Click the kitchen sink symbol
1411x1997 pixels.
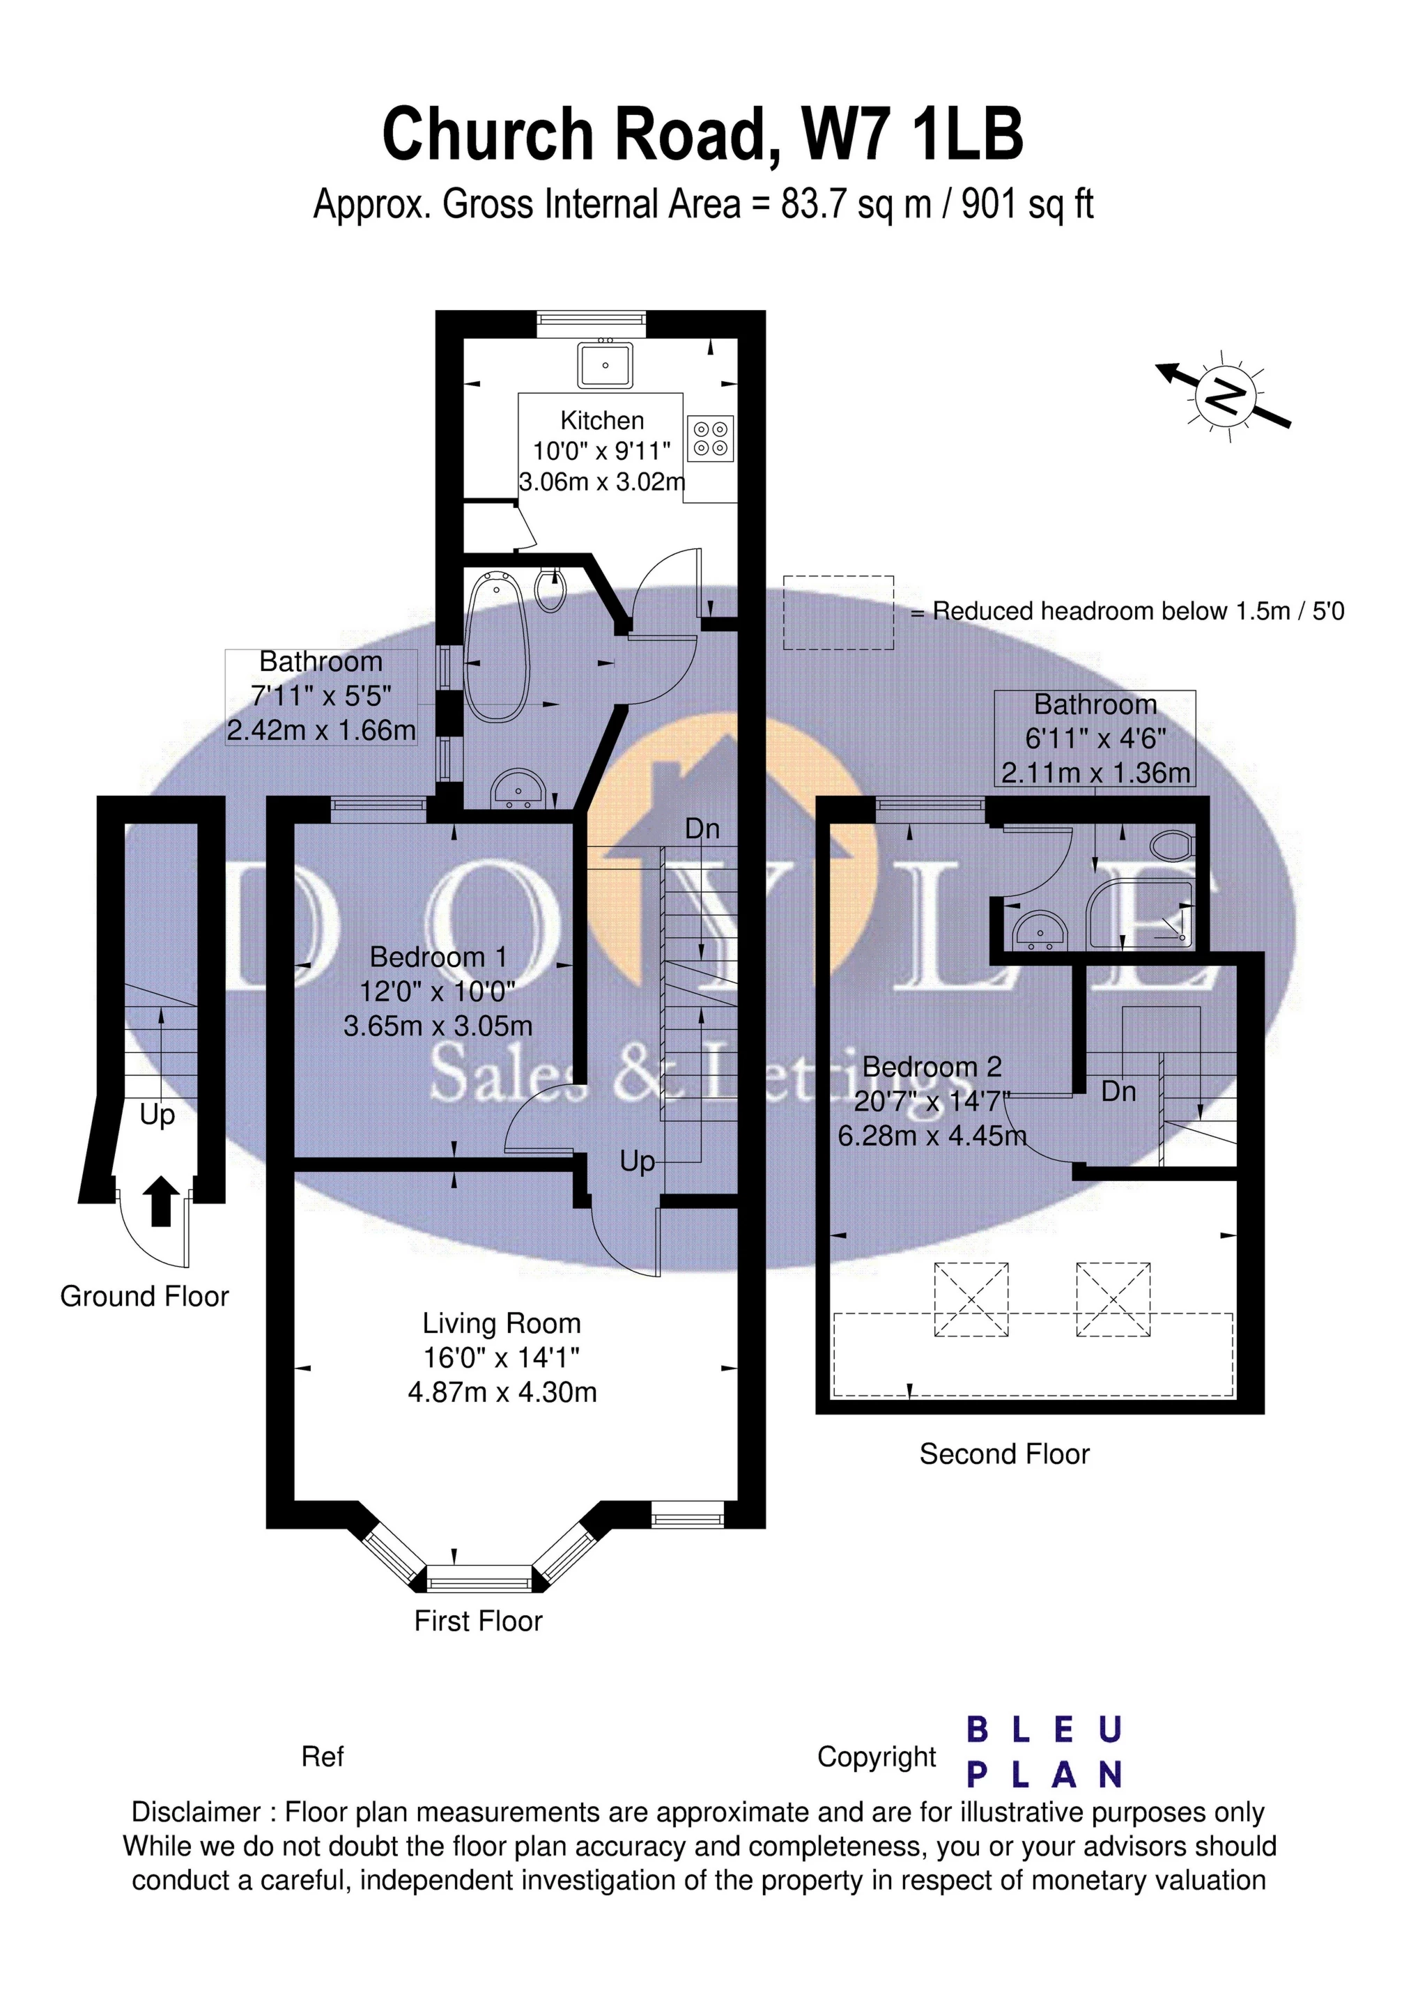(606, 364)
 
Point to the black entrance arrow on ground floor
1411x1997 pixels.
(160, 1201)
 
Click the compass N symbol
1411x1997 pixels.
(1226, 396)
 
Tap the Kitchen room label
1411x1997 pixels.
(602, 421)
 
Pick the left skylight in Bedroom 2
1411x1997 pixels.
(972, 1300)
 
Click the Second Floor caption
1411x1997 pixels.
(1004, 1454)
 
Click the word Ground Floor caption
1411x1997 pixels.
(144, 1297)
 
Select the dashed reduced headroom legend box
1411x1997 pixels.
(839, 612)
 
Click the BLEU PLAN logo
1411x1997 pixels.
(1044, 1752)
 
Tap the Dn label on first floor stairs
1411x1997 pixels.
(702, 829)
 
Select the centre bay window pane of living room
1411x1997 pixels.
(479, 1577)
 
